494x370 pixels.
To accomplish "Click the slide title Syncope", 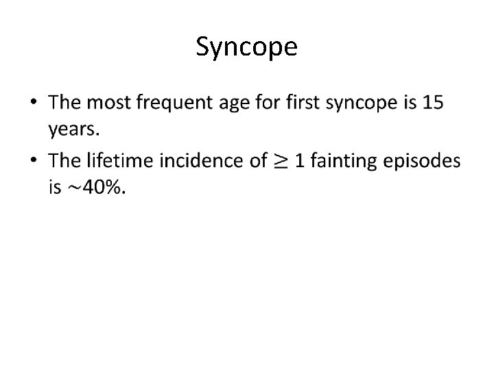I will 246,47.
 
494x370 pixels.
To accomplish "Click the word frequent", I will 176,104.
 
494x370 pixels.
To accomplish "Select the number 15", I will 433,103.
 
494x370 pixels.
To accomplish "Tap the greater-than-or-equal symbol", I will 281,162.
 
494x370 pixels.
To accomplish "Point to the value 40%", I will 103,187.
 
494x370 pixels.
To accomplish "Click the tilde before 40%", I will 75,188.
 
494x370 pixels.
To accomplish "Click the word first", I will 302,103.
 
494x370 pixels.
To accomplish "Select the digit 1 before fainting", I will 299,161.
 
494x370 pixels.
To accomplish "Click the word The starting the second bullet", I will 65,161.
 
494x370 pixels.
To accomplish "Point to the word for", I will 270,103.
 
